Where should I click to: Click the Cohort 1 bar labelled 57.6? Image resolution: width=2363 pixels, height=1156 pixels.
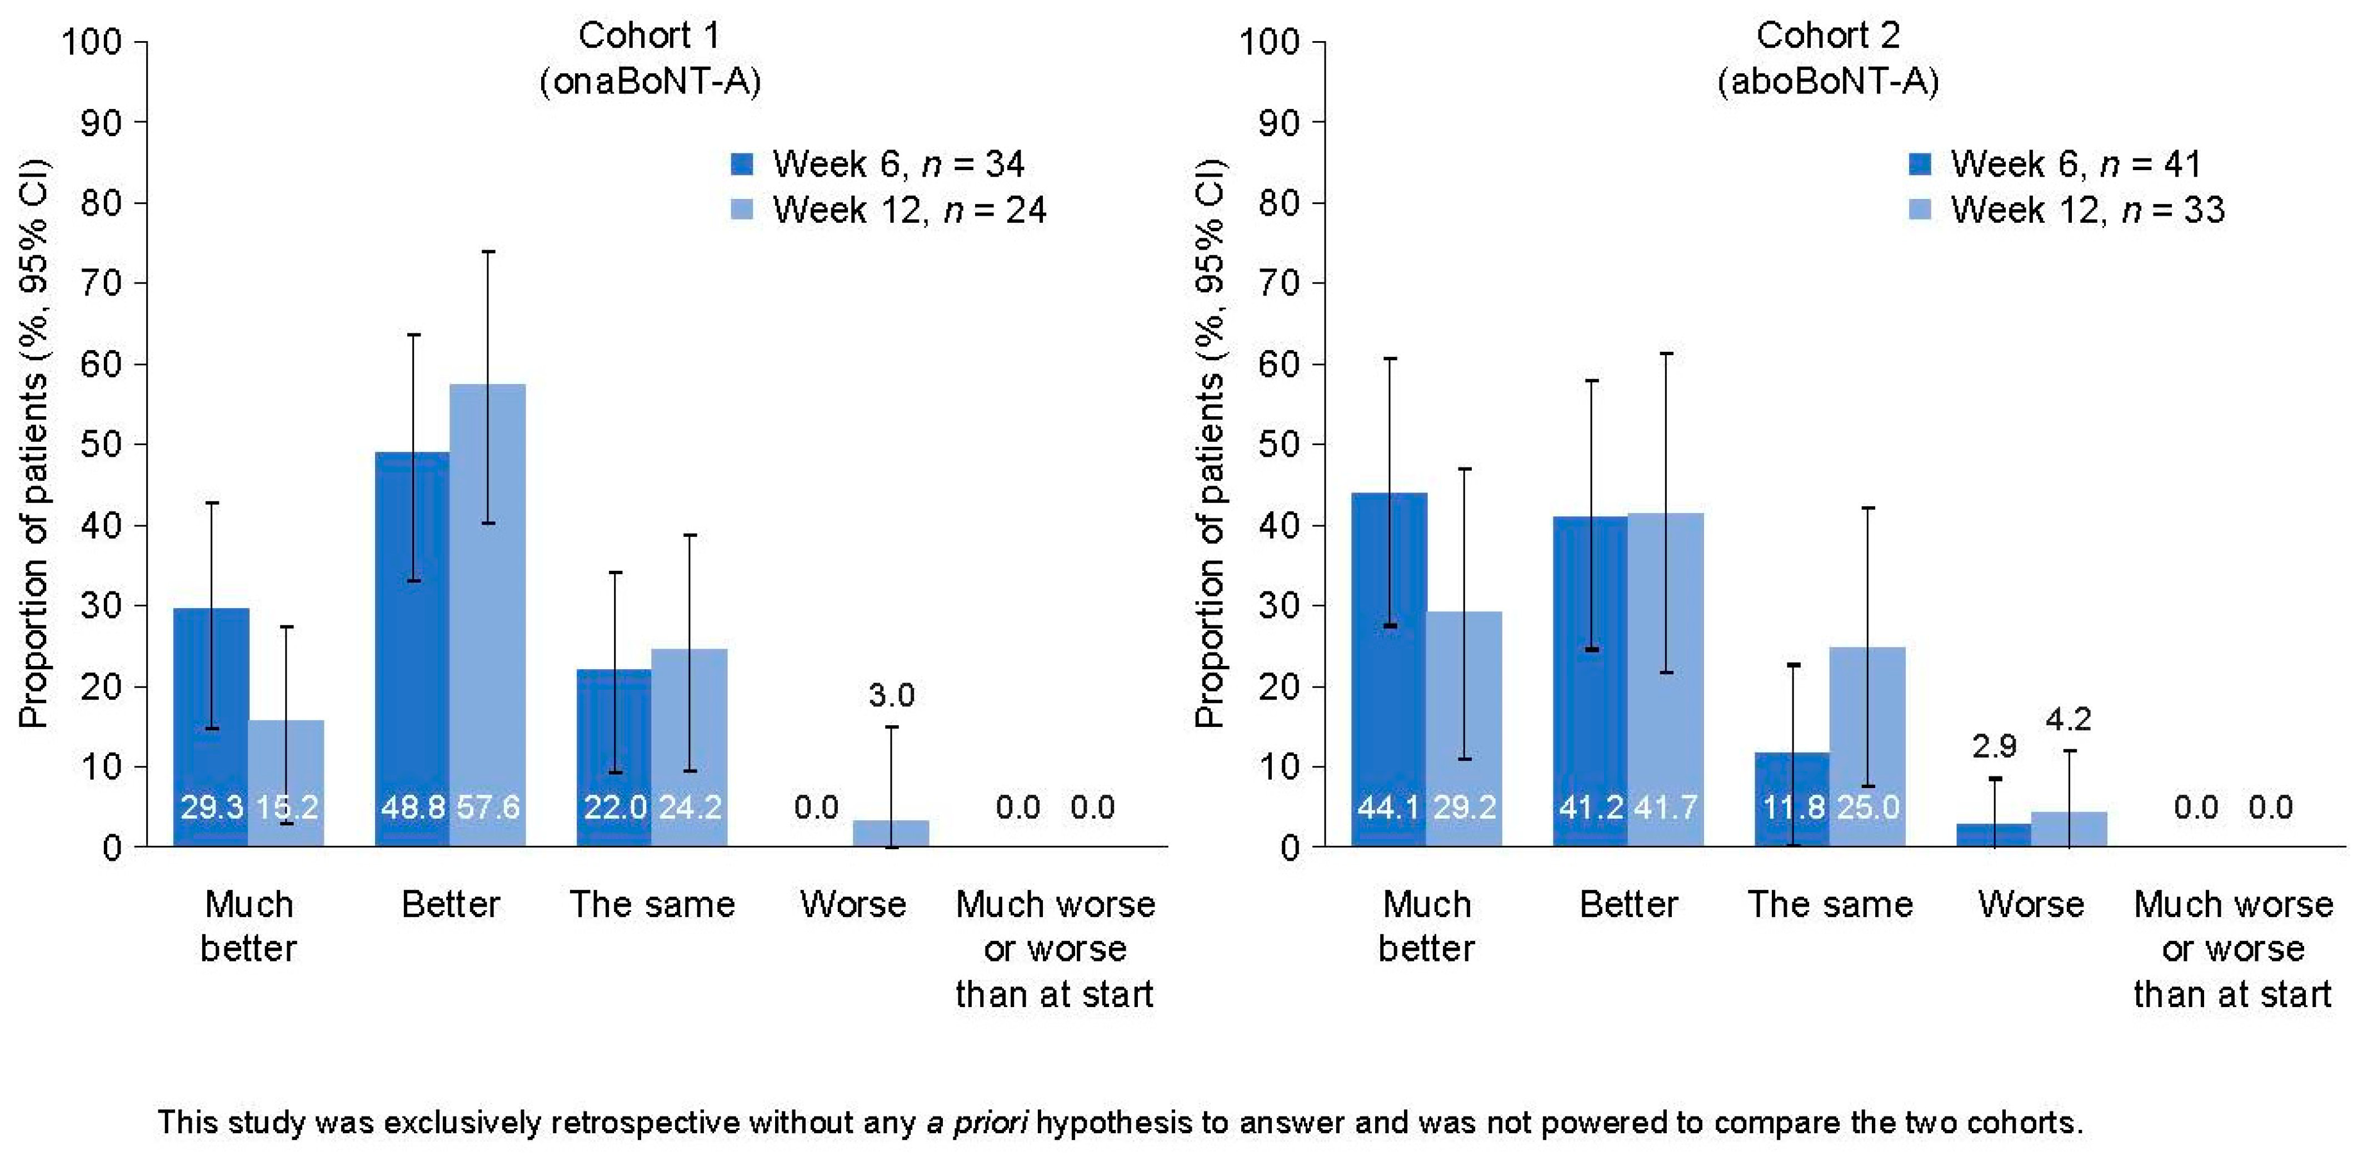coord(487,615)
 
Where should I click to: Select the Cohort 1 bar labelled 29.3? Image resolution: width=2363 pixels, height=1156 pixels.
coord(211,726)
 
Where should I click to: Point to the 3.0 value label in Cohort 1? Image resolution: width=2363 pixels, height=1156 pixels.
coord(892,695)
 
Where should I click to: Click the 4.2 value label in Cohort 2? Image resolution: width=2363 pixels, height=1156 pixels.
coord(2069,719)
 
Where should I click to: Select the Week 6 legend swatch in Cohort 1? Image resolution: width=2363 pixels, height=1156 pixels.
coord(742,164)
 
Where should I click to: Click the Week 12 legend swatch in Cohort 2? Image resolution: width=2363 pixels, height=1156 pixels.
coord(1920,210)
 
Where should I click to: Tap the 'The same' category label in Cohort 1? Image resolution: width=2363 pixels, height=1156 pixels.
coord(652,905)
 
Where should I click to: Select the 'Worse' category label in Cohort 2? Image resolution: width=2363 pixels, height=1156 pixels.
coord(2031,905)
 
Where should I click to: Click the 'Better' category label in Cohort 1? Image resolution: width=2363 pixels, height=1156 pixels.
coord(451,905)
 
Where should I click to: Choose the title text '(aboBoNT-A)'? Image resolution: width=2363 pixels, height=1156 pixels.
coord(1828,83)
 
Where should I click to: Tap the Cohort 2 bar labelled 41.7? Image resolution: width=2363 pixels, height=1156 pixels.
coord(1666,680)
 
